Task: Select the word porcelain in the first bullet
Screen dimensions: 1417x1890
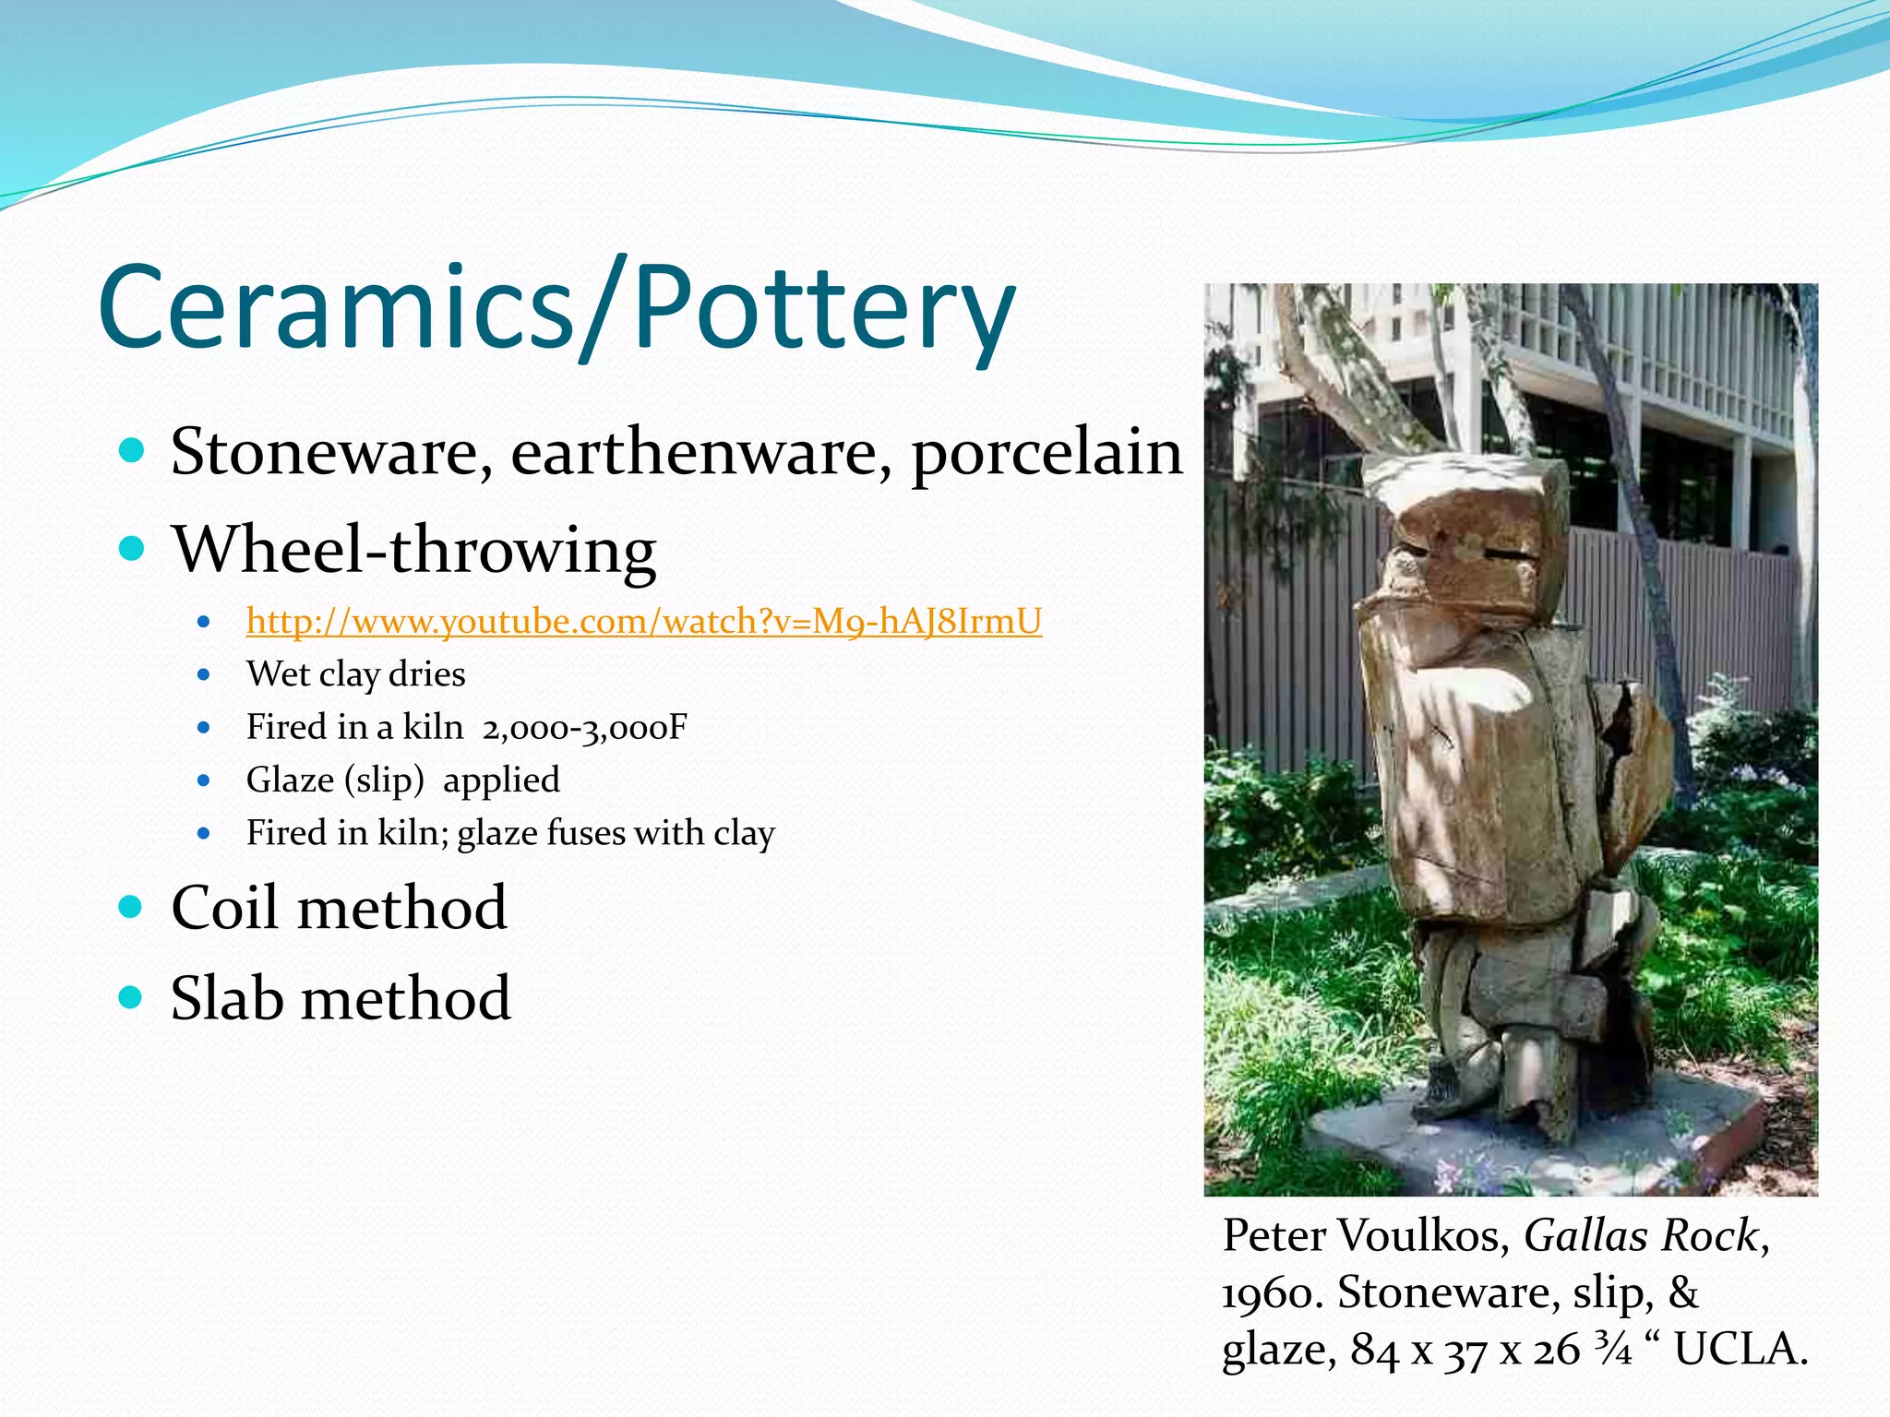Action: coord(1046,454)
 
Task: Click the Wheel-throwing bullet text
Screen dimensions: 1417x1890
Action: coord(413,551)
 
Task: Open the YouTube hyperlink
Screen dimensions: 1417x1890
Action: coord(643,622)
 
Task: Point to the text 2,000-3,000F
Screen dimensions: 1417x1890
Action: coord(584,728)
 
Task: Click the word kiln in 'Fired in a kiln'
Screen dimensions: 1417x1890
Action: coord(433,727)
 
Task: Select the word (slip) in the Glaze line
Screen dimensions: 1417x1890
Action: coord(384,781)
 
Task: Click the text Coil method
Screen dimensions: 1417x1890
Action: coord(339,908)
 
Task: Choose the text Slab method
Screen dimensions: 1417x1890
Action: coord(341,998)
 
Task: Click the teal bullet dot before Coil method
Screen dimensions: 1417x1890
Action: coord(132,907)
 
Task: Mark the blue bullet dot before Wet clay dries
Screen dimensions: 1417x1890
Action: coord(204,675)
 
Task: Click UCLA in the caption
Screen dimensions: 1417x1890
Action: coord(1740,1350)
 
